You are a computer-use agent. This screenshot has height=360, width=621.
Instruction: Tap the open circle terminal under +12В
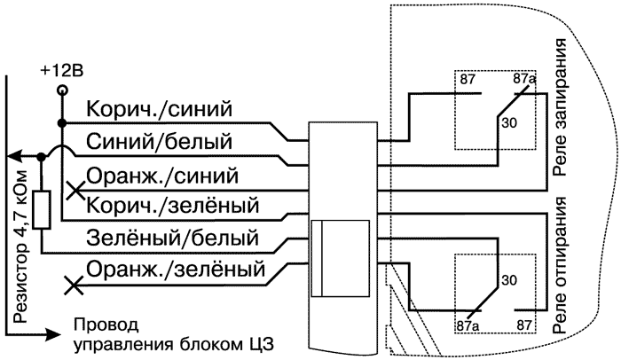(x=61, y=90)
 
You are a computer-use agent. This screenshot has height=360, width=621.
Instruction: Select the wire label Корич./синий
(x=160, y=110)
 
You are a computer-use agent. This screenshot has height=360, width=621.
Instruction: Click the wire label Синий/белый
(x=160, y=140)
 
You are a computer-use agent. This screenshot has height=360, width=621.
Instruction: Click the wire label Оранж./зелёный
(x=178, y=267)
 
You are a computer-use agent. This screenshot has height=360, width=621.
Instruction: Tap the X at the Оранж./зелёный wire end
(x=75, y=286)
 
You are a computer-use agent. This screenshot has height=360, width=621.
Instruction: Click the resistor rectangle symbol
(x=41, y=213)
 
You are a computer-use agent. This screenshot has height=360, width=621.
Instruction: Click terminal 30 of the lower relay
(x=508, y=279)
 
